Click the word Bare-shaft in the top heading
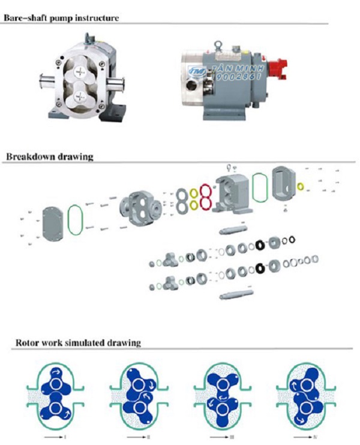(x=24, y=17)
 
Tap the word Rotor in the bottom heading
(x=26, y=343)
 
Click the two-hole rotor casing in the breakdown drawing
(x=140, y=208)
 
